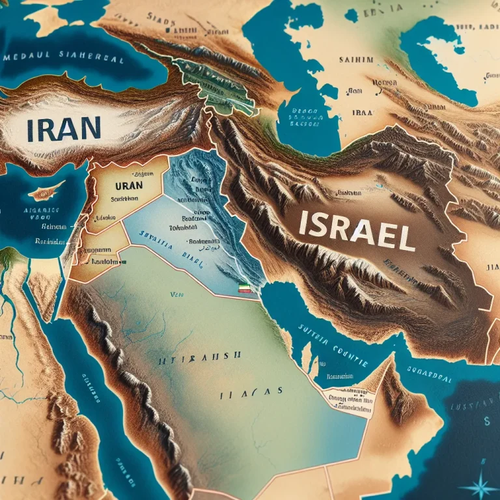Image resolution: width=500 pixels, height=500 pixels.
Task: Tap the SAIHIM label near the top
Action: pos(356,61)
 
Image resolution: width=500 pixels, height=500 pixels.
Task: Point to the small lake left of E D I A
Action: pos(351,14)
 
